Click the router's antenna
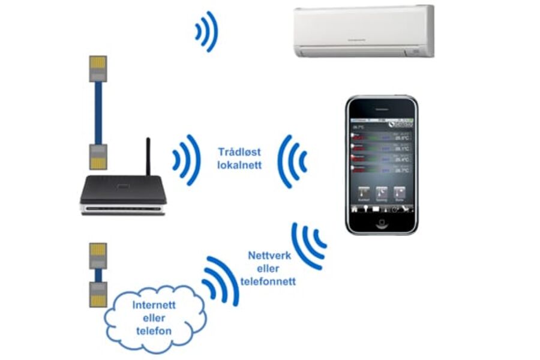click(148, 157)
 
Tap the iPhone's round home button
click(381, 223)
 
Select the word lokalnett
click(239, 165)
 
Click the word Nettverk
click(269, 256)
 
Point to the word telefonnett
click(268, 281)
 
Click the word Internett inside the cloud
click(154, 305)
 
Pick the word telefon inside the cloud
click(154, 331)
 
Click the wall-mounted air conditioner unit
click(364, 31)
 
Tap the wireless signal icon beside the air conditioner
click(206, 31)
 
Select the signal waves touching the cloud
click(220, 280)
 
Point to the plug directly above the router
click(97, 156)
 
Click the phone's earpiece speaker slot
click(381, 107)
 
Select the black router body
click(123, 191)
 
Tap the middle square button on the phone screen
click(382, 193)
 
